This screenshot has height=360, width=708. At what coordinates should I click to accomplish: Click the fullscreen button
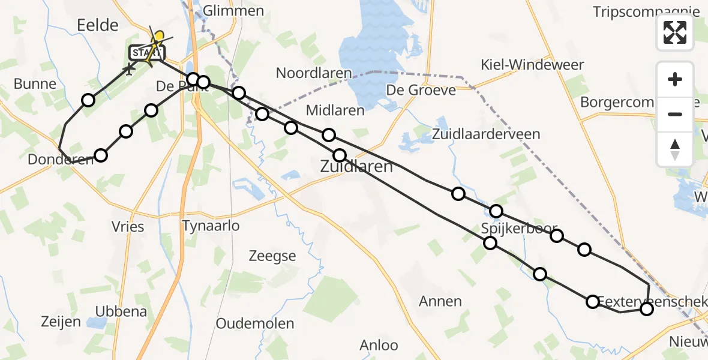click(675, 32)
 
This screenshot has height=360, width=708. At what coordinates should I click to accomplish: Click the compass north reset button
click(675, 149)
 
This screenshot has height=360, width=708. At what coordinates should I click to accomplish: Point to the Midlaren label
click(335, 110)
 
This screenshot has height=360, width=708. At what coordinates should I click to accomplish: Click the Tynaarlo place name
click(211, 226)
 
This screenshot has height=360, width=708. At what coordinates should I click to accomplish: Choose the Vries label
click(128, 226)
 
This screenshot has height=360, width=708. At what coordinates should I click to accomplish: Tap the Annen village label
click(441, 301)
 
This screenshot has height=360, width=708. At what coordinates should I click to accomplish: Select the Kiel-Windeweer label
click(532, 65)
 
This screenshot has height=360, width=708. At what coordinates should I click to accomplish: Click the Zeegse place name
click(272, 256)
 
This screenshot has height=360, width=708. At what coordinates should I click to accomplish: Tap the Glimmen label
click(233, 11)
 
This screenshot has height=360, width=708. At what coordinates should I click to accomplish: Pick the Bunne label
click(35, 84)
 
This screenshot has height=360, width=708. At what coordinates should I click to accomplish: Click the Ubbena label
click(121, 311)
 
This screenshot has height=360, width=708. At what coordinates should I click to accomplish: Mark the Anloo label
click(379, 345)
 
